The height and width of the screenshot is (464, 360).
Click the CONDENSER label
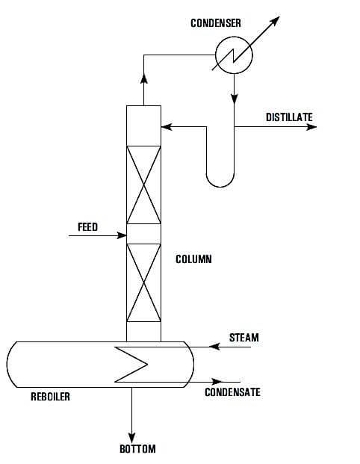click(215, 23)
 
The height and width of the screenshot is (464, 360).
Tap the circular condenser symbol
click(234, 54)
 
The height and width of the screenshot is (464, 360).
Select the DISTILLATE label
click(289, 117)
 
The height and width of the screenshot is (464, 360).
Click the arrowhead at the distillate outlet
click(311, 127)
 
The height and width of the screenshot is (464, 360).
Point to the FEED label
click(87, 227)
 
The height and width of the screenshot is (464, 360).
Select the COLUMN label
click(193, 260)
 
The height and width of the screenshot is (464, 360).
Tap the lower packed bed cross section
click(143, 281)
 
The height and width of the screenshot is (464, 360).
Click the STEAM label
click(243, 338)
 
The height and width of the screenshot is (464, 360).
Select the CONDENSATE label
click(232, 392)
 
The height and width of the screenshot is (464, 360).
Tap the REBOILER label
click(51, 397)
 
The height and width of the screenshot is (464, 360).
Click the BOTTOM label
click(137, 449)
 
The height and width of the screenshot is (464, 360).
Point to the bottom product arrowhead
click(132, 436)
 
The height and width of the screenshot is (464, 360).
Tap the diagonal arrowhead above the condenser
click(275, 19)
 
